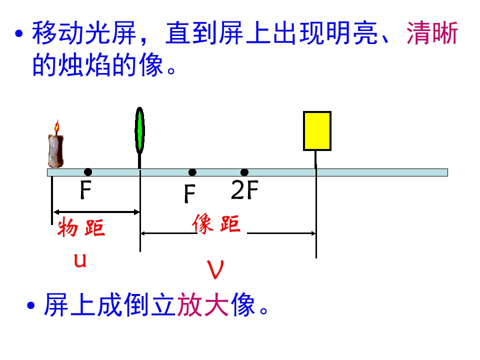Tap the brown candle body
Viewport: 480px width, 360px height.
point(55,151)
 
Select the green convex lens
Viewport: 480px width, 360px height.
point(139,130)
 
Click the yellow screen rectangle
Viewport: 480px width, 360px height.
point(317,131)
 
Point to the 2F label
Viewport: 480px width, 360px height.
point(244,190)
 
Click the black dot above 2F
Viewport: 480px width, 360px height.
point(244,172)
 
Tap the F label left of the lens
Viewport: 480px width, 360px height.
point(85,190)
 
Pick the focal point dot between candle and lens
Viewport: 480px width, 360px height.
point(88,172)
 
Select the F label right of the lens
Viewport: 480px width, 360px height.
point(190,194)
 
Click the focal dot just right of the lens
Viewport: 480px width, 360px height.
point(192,172)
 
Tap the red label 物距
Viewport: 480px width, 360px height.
point(81,227)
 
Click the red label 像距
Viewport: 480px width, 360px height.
point(216,223)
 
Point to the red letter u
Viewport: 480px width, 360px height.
point(80,260)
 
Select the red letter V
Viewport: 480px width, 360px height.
point(215,269)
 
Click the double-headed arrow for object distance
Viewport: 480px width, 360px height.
point(96,212)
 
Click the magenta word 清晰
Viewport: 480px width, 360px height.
point(432,33)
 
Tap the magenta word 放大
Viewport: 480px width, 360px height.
point(202,304)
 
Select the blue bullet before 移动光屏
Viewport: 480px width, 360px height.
point(19,33)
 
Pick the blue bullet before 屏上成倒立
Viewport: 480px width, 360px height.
point(31,305)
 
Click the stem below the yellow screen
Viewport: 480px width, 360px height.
point(316,159)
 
